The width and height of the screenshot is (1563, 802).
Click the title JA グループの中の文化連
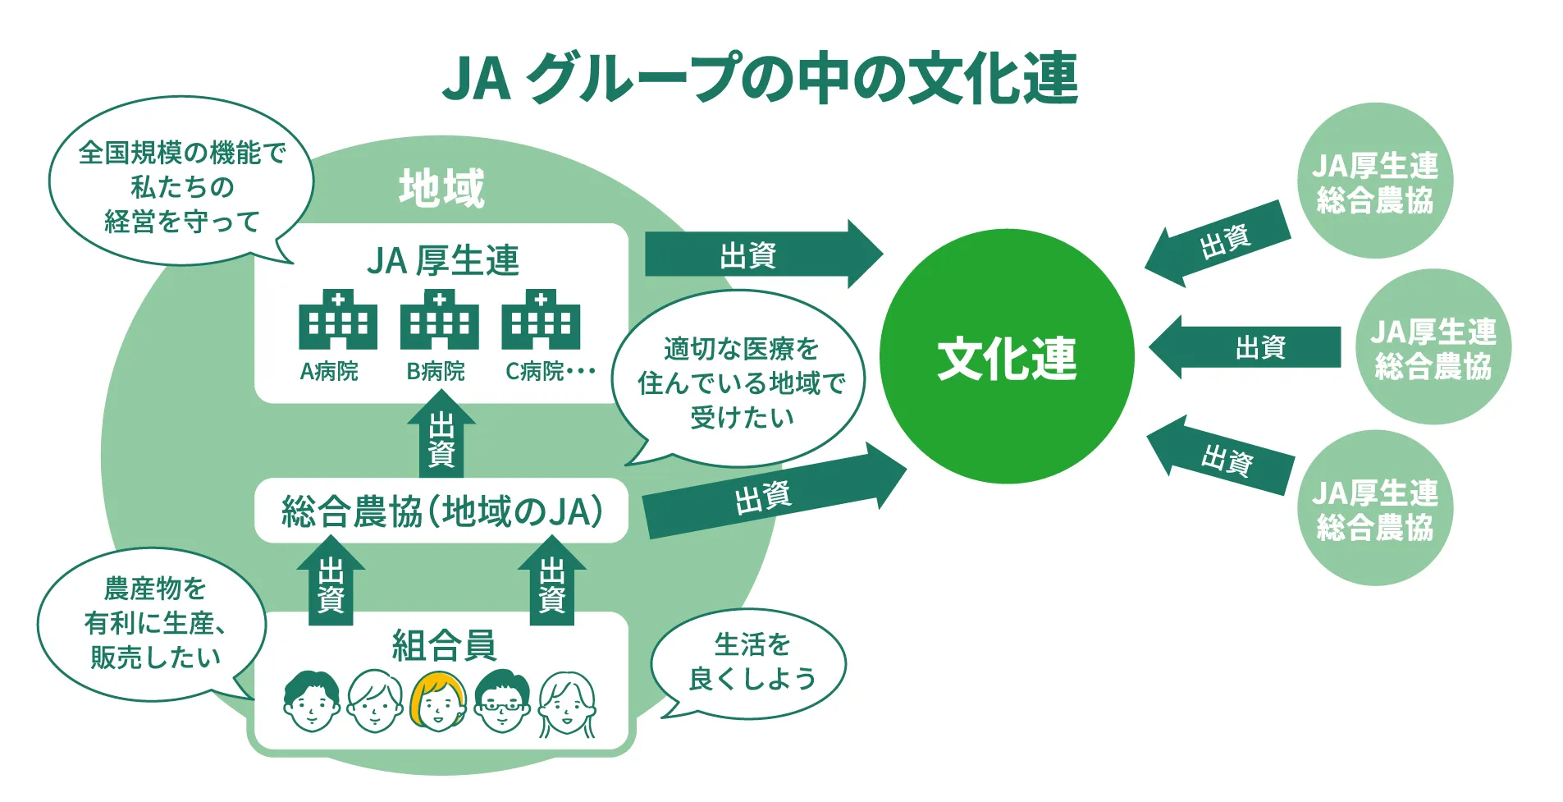pos(760,78)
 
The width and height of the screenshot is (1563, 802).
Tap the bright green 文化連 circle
pos(1007,357)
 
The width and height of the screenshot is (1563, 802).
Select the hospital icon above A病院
pos(337,320)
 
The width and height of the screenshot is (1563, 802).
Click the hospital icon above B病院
pos(439,320)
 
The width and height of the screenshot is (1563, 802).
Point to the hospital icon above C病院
pos(541,320)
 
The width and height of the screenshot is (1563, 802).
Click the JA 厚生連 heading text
pos(442,260)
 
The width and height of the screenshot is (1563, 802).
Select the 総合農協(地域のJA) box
pos(441,511)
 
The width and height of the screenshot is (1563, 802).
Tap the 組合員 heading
pos(443,645)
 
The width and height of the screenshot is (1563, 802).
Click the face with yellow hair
pos(437,702)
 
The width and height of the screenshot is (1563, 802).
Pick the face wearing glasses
pos(502,702)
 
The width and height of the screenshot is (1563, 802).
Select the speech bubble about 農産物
pos(153,623)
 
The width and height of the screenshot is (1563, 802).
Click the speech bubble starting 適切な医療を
pos(741,383)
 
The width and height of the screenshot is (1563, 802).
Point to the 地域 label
pos(442,188)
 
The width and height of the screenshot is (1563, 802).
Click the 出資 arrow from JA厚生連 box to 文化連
pos(760,254)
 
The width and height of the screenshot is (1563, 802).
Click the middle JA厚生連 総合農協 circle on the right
pos(1433,348)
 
